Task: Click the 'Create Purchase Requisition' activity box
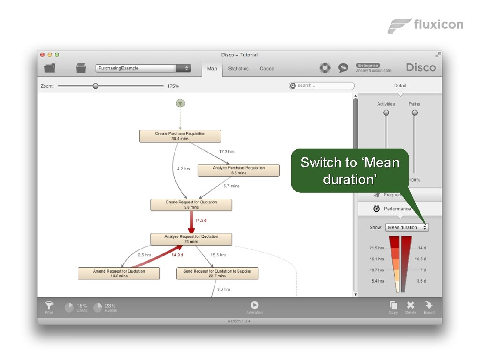pyautogui.click(x=180, y=136)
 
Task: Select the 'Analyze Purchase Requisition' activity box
pyautogui.click(x=239, y=170)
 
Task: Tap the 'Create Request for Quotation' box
pyautogui.click(x=191, y=205)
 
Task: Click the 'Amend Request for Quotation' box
pyautogui.click(x=119, y=274)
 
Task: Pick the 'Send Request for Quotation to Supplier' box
pyautogui.click(x=217, y=274)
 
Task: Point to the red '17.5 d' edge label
pyautogui.click(x=201, y=220)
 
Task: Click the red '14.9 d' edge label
pyautogui.click(x=177, y=255)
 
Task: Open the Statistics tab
pyautogui.click(x=238, y=68)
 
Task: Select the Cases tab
pyautogui.click(x=267, y=68)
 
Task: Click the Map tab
pyautogui.click(x=212, y=68)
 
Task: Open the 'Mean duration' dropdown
pyautogui.click(x=407, y=227)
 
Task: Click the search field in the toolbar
pyautogui.click(x=322, y=86)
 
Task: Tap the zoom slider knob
pyautogui.click(x=96, y=86)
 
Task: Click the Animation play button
pyautogui.click(x=255, y=305)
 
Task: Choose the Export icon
pyautogui.click(x=429, y=305)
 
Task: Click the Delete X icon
pyautogui.click(x=411, y=305)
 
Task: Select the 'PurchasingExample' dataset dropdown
pyautogui.click(x=143, y=68)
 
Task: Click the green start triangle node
pyautogui.click(x=180, y=103)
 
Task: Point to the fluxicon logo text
pyautogui.click(x=438, y=24)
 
